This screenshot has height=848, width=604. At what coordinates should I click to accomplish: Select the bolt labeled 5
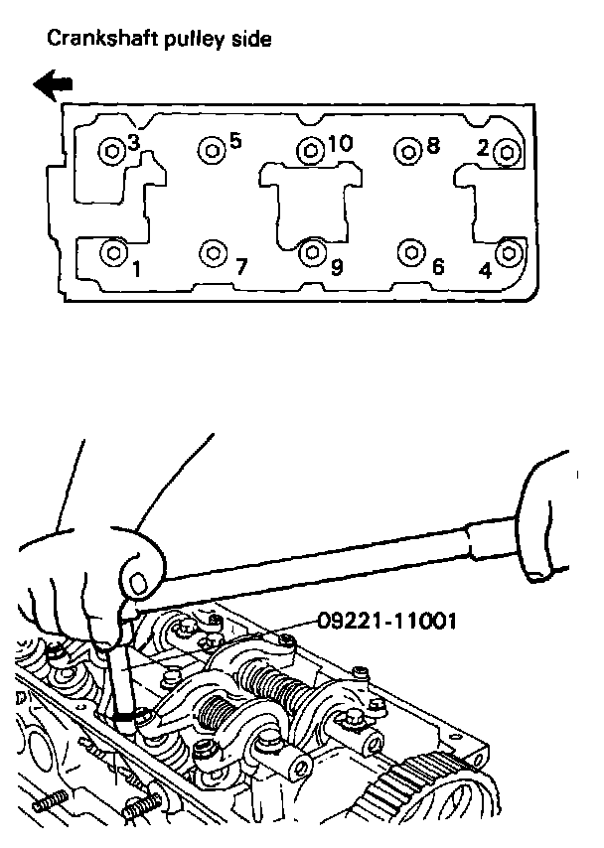[x=211, y=150]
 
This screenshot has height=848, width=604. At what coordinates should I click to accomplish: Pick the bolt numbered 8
[x=407, y=151]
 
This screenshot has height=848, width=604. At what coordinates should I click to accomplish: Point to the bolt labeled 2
[x=507, y=152]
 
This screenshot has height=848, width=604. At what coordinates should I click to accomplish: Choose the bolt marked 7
[x=211, y=253]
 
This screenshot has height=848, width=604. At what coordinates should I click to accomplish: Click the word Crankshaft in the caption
[x=90, y=40]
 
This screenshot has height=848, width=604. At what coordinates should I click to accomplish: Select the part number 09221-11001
[x=387, y=623]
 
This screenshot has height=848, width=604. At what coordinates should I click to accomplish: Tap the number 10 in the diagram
[x=339, y=144]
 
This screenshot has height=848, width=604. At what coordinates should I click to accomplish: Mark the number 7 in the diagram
[x=240, y=266]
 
